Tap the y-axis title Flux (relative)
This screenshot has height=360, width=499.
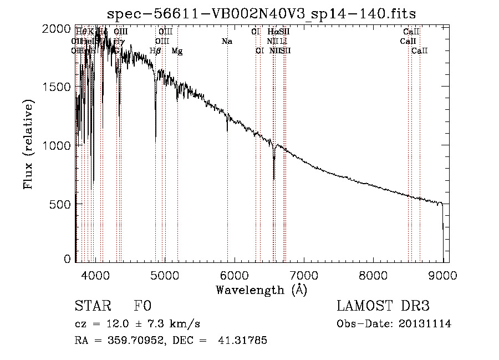click(x=28, y=144)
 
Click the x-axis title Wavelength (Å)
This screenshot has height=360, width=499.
click(x=261, y=290)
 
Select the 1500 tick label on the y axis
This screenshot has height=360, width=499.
click(x=58, y=87)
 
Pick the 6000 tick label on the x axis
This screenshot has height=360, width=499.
click(x=234, y=275)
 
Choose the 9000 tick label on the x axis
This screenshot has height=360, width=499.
click(x=442, y=275)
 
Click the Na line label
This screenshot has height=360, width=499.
click(x=226, y=42)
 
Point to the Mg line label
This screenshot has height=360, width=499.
click(x=177, y=51)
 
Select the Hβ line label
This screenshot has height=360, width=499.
click(x=156, y=51)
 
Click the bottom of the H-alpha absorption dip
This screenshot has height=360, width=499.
click(x=274, y=179)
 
